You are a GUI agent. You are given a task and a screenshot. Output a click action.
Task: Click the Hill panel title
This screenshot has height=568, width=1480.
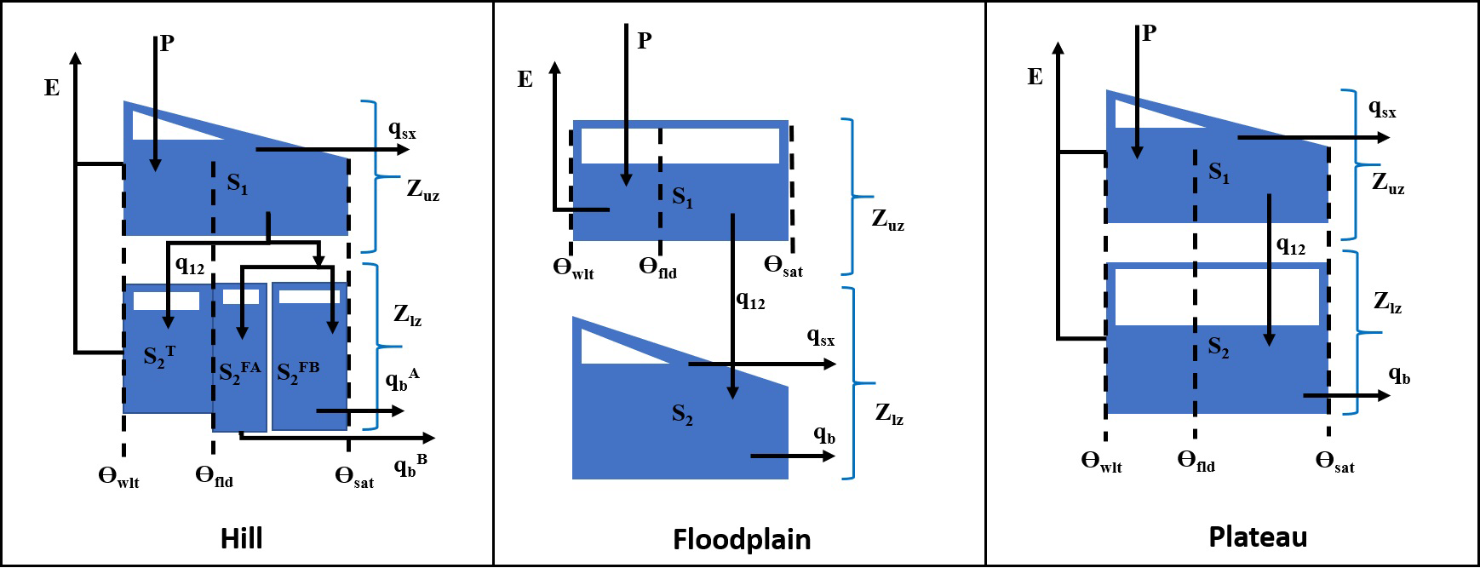pyautogui.click(x=241, y=538)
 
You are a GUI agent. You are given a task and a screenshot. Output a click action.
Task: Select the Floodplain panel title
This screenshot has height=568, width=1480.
pyautogui.click(x=741, y=540)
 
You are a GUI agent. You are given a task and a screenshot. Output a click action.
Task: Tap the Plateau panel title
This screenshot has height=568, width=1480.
pyautogui.click(x=1257, y=537)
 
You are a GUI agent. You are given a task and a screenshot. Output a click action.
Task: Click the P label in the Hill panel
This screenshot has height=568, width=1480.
pyautogui.click(x=167, y=43)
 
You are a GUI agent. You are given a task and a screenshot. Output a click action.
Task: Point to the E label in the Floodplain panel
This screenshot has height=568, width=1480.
pyautogui.click(x=525, y=79)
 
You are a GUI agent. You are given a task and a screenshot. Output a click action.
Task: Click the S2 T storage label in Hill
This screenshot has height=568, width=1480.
pyautogui.click(x=159, y=354)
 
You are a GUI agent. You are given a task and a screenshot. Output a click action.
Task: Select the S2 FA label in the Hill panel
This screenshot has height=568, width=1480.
pyautogui.click(x=239, y=371)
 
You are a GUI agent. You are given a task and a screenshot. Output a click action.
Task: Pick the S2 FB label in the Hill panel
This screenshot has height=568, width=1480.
pyautogui.click(x=299, y=371)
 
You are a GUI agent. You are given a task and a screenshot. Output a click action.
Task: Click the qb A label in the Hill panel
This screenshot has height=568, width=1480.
pyautogui.click(x=402, y=379)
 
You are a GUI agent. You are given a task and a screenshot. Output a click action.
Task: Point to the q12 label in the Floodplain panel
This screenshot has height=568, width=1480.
pyautogui.click(x=750, y=300)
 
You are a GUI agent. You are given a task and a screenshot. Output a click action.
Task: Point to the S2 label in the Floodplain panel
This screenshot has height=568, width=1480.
pyautogui.click(x=682, y=415)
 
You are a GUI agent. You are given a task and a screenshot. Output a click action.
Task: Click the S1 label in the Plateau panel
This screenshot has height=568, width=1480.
pyautogui.click(x=1219, y=173)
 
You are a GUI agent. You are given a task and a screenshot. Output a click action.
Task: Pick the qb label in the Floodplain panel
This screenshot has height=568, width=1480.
pyautogui.click(x=824, y=434)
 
